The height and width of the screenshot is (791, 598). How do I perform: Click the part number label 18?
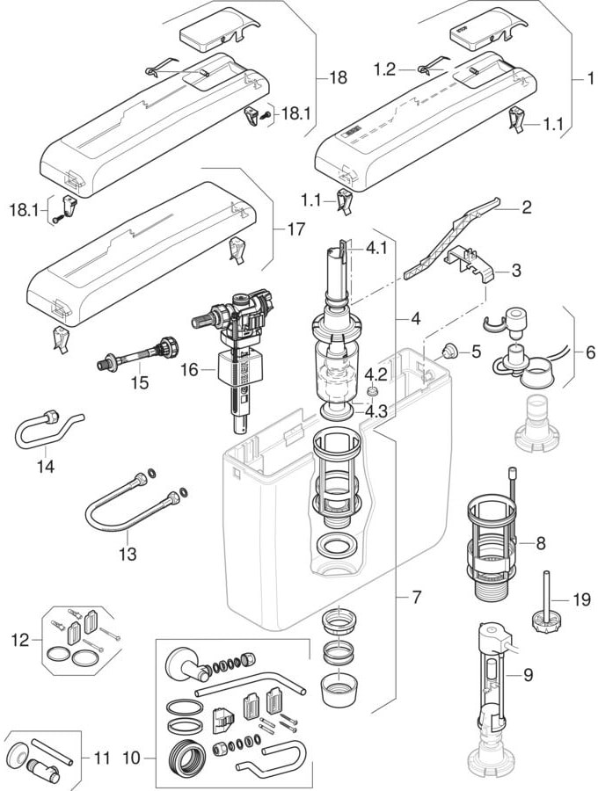(x=339, y=78)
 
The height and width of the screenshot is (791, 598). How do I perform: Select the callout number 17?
(x=296, y=229)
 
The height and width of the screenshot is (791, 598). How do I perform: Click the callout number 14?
(x=46, y=466)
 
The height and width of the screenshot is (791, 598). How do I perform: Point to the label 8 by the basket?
(x=541, y=544)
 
